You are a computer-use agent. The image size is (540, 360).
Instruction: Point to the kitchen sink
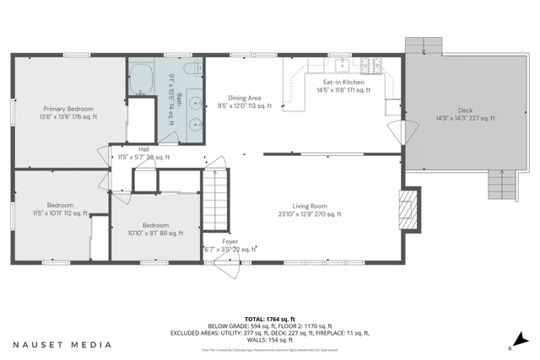343,64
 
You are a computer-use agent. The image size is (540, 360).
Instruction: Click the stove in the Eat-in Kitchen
370,64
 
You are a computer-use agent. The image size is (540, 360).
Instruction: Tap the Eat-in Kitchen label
340,86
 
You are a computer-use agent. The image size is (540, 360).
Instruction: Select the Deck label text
465,114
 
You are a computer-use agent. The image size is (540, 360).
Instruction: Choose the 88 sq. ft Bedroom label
155,229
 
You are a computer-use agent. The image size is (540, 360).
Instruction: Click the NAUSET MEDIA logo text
62,345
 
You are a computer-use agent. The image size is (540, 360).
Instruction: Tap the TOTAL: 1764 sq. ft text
269,319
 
